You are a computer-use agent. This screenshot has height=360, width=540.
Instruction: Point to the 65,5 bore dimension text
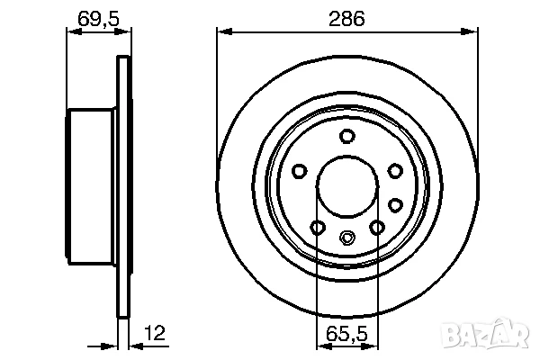(346, 335)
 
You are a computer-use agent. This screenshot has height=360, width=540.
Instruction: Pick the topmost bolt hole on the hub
(346, 136)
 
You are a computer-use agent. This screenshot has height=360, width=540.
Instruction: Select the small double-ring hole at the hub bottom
(346, 238)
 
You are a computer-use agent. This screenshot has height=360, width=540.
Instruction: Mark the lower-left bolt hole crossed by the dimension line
(317, 227)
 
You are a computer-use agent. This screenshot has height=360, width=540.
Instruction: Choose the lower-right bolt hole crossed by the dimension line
(377, 227)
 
